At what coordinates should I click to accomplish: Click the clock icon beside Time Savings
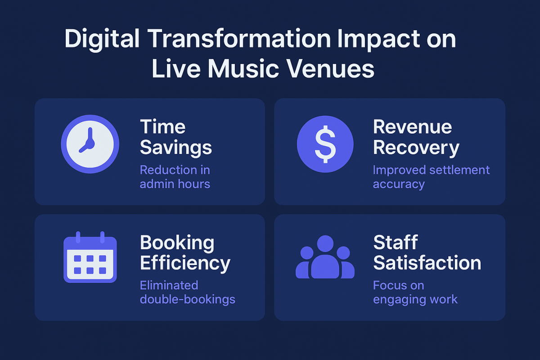[x=90, y=144]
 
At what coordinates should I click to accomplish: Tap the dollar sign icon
[x=325, y=144]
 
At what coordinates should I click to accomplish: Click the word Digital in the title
[x=102, y=40]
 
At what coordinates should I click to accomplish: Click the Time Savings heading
[x=175, y=137]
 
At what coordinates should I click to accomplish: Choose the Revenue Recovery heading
[x=416, y=137]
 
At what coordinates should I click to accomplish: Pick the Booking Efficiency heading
[x=184, y=253]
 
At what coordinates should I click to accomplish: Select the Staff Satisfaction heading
[x=427, y=253]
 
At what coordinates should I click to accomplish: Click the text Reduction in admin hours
[x=175, y=177]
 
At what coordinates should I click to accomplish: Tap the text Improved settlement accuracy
[x=431, y=177]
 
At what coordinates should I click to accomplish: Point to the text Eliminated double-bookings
[x=187, y=292]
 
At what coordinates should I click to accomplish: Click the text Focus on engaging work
[x=415, y=292]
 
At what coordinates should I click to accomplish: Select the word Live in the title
[x=174, y=70]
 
